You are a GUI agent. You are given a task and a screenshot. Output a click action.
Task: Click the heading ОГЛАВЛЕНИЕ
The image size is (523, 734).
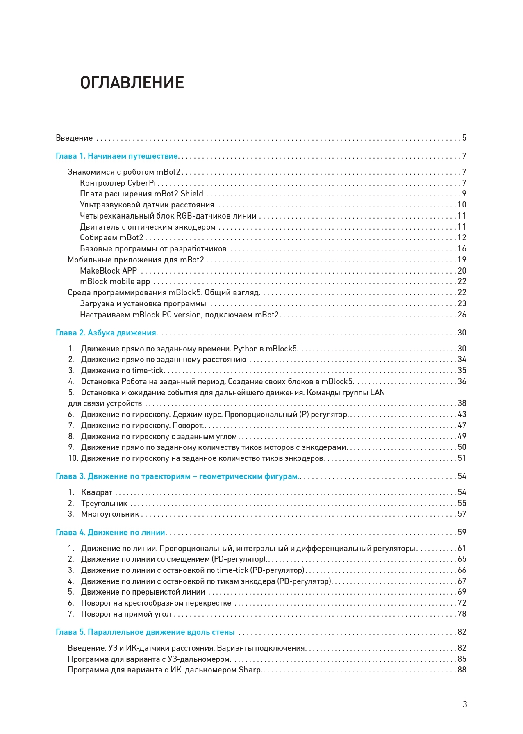point(132,83)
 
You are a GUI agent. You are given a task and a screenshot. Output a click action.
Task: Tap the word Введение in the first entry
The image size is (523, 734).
point(74,138)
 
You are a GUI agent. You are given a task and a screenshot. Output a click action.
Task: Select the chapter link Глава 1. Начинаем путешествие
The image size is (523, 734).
point(117,156)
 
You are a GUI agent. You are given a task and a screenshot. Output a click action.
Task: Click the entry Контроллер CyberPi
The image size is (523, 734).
point(118,183)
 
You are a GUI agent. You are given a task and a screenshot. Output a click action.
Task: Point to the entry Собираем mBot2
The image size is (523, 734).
point(111,238)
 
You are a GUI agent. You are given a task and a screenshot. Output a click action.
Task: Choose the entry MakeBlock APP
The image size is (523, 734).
point(108,271)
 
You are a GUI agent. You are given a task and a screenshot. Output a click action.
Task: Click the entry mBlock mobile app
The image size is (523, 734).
point(115,282)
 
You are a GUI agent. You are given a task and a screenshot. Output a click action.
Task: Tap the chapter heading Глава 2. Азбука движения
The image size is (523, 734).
point(106,333)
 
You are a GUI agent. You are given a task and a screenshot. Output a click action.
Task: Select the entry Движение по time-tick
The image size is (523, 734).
point(122,371)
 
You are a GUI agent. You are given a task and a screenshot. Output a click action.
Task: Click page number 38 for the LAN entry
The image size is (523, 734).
point(462,403)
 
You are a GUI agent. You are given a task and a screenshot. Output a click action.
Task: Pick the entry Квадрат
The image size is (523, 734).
point(96,492)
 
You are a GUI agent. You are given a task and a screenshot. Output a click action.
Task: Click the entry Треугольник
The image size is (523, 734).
point(104,504)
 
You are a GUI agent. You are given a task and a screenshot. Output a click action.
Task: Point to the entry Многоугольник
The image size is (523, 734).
point(110,514)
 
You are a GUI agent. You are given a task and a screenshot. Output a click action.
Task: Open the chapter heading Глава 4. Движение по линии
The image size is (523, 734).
point(110,533)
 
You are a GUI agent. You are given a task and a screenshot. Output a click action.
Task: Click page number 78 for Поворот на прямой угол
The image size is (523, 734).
point(462,614)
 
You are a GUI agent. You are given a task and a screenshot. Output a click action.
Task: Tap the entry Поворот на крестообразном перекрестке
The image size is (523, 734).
point(156,603)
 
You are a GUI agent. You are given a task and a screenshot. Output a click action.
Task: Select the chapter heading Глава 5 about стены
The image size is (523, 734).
point(145,632)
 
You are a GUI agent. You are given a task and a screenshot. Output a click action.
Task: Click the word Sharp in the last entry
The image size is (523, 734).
point(250,670)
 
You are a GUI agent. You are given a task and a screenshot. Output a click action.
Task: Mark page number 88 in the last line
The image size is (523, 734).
point(462,670)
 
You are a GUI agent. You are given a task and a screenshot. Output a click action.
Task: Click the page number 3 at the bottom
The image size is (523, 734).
point(464,704)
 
